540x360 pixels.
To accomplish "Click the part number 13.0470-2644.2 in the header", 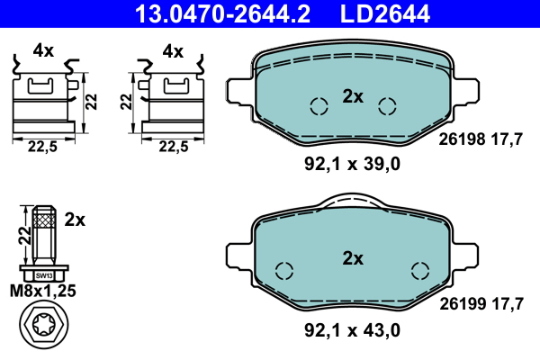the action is click(222, 13).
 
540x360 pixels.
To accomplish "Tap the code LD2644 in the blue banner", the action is click(385, 13).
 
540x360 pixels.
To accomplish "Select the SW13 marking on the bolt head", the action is click(44, 276).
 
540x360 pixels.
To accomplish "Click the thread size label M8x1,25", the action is click(42, 291).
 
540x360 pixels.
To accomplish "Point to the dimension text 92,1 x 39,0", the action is click(352, 165).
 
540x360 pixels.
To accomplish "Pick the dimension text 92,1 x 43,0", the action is click(352, 330).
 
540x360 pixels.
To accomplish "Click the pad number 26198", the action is click(462, 139).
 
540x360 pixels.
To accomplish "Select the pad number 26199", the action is click(463, 304).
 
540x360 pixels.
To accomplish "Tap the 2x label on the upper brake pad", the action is click(353, 96).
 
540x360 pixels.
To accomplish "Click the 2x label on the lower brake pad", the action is click(353, 258).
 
